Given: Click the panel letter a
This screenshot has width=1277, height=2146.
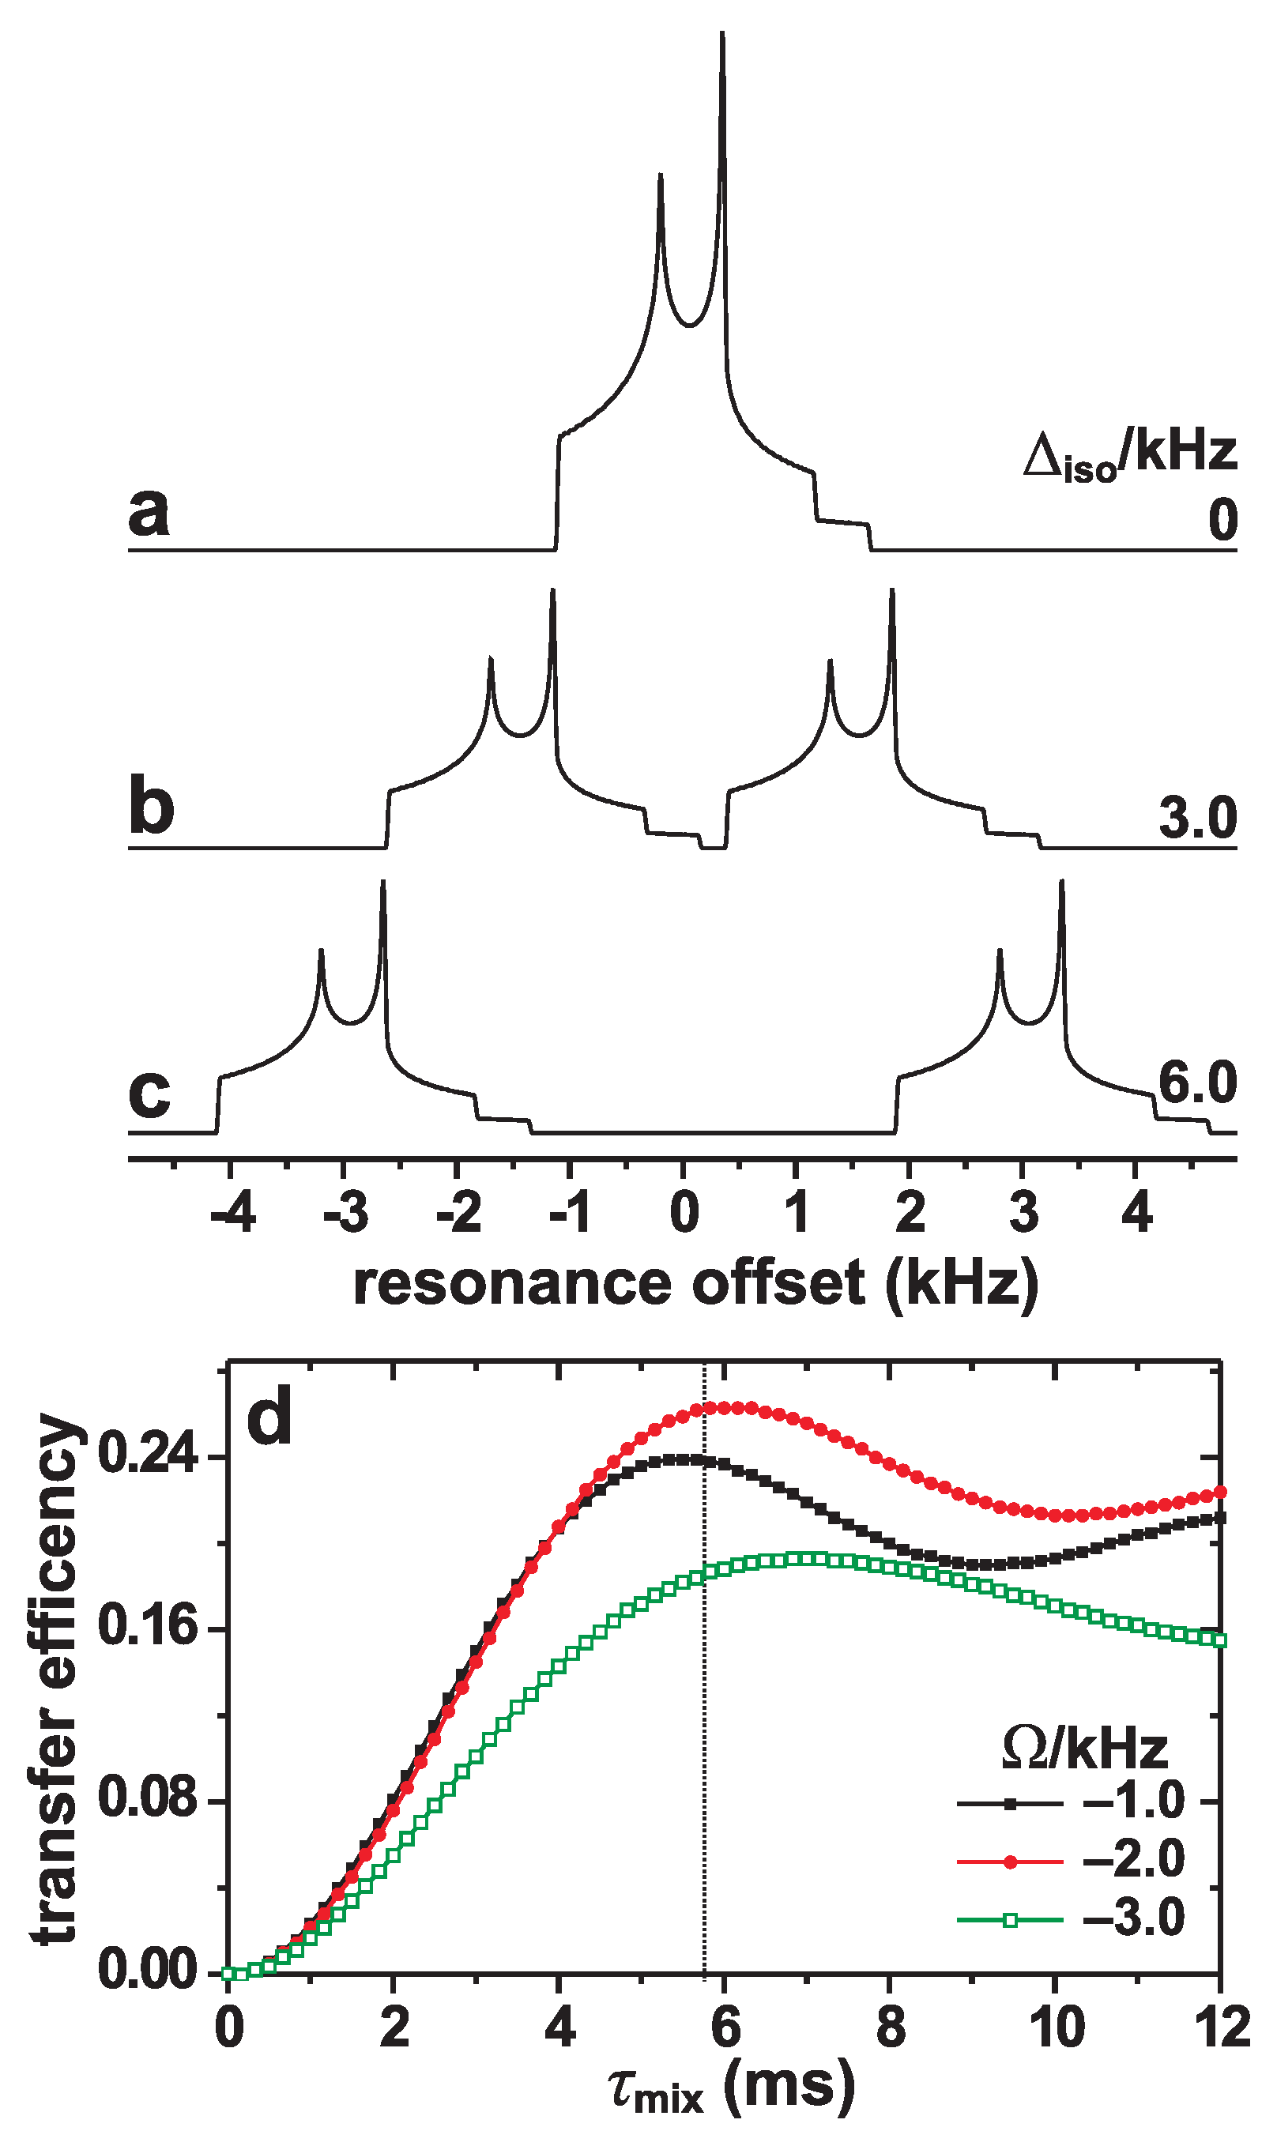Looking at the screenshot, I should (x=148, y=513).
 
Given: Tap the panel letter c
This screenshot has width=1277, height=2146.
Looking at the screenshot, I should (x=149, y=1094).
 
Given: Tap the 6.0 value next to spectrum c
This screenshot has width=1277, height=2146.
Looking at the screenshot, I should (x=1197, y=1083).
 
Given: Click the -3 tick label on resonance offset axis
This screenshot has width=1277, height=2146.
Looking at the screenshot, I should (x=346, y=1214).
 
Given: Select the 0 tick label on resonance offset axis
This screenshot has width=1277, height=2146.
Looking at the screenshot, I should (x=685, y=1214).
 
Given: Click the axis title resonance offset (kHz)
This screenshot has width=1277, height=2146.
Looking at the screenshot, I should (x=695, y=1284).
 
